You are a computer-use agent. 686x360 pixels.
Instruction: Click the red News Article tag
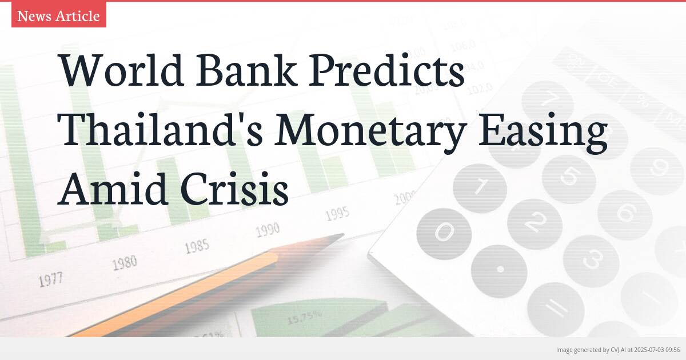click(x=58, y=16)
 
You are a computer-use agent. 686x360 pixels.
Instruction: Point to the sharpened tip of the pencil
click(x=340, y=235)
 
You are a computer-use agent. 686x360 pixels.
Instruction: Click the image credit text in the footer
click(x=617, y=350)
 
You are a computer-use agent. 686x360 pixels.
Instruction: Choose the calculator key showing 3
click(x=591, y=259)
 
